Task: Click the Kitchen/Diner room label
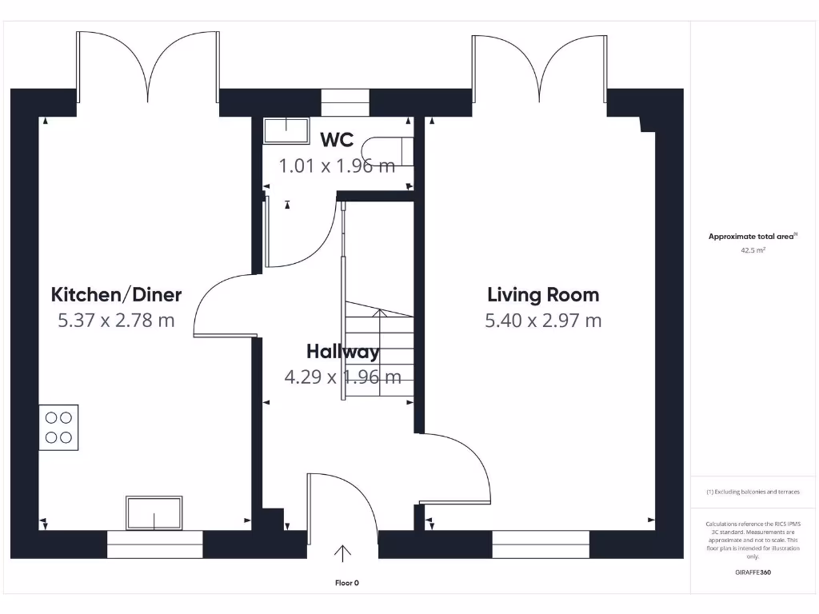coord(116,295)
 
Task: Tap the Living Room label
coord(543,295)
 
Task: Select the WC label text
coord(337,140)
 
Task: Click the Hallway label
coord(342,352)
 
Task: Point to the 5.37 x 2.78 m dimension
coord(116,320)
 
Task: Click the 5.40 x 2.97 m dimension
coord(543,320)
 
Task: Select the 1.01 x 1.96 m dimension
coord(337,166)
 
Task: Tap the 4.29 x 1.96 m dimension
coord(342,377)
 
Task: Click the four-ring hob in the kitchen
coord(58,428)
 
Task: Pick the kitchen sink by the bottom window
coord(154,512)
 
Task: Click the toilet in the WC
coord(388,151)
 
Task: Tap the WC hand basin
coord(286,130)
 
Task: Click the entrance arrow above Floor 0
coord(342,553)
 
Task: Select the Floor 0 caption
coord(347,583)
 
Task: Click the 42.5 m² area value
coord(753,250)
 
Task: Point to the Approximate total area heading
coord(753,236)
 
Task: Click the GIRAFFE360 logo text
coord(753,572)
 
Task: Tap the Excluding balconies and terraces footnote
coord(753,492)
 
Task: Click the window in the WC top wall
coord(345,102)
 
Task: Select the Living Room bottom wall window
coord(541,544)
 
